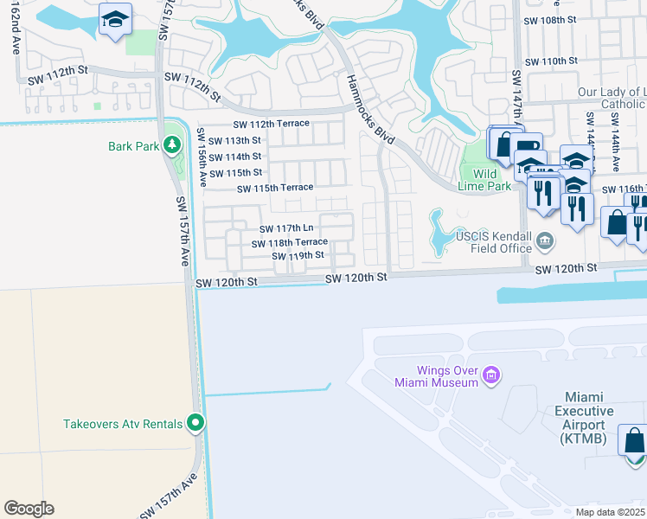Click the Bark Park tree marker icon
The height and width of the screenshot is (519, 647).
[174, 145]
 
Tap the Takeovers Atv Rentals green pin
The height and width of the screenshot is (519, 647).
[196, 423]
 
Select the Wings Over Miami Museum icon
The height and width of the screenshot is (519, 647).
[491, 375]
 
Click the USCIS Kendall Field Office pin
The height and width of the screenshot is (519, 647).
[545, 240]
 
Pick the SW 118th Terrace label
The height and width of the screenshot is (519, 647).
[290, 243]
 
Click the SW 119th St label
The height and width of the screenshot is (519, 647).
[298, 256]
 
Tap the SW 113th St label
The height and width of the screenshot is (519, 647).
[235, 141]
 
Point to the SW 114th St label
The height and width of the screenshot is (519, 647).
[235, 157]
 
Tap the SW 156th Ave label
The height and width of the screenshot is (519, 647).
[202, 158]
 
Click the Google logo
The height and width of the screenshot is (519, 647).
[29, 509]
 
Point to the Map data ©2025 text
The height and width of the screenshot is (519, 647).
[611, 512]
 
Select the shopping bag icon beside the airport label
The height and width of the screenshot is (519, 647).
[633, 439]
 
